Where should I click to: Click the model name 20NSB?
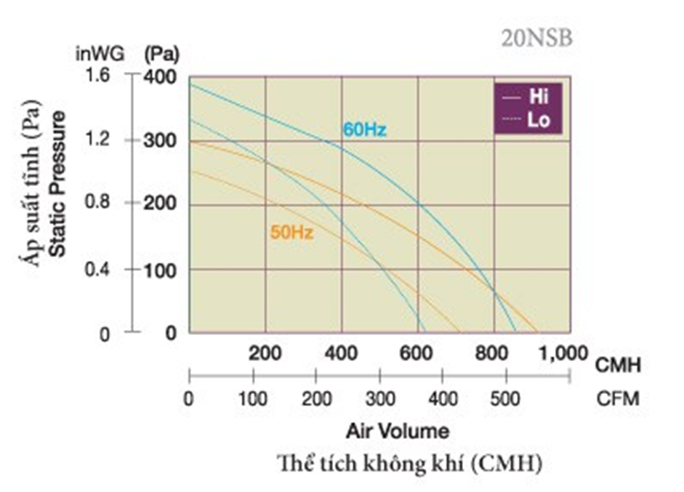pyautogui.click(x=536, y=39)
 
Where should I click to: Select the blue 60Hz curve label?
pyautogui.click(x=364, y=131)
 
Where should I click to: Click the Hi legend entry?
pyautogui.click(x=539, y=97)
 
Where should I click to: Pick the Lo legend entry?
pyautogui.click(x=539, y=119)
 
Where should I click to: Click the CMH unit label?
pyautogui.click(x=618, y=365)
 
